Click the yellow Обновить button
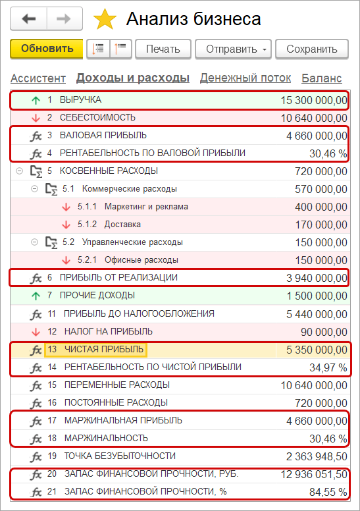pos(46,49)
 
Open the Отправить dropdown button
pos(238,49)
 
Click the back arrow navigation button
pos(28,19)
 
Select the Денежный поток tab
pos(245,78)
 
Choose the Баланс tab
pos(321,78)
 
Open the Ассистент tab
pos(38,78)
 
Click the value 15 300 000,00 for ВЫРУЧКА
pos(314,100)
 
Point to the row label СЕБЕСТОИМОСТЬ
pos(97,118)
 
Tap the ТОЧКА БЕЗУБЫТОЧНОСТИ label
pos(119,456)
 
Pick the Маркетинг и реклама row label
pos(146,207)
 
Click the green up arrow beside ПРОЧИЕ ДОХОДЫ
pos(36,296)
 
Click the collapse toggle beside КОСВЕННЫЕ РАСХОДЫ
pos(18,171)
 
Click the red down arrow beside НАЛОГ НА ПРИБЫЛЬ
pos(36,331)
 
